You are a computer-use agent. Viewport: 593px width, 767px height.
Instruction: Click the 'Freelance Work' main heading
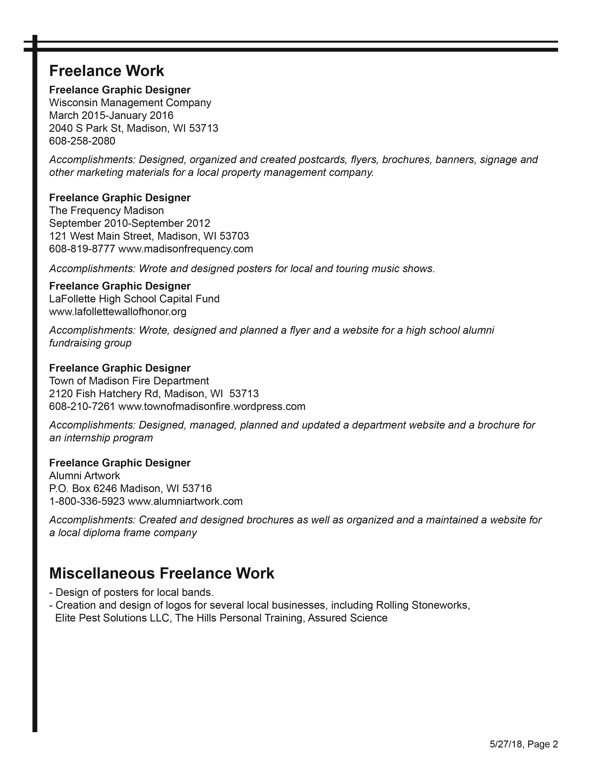(x=107, y=71)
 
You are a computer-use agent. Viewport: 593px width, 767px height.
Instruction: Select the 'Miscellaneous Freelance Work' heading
(x=162, y=573)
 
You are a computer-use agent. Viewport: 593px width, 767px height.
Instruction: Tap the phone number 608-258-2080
(x=82, y=141)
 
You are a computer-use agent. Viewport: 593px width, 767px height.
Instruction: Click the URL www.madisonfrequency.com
(x=186, y=249)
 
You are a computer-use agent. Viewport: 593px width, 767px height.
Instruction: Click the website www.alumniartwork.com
(x=185, y=501)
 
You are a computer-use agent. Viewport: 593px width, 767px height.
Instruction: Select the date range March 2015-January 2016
(x=111, y=116)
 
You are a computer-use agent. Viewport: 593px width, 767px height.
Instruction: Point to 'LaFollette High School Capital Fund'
(x=134, y=299)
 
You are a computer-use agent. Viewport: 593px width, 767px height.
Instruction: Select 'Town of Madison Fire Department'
(x=129, y=381)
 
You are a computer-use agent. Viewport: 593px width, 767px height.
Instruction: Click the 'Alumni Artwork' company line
(x=85, y=476)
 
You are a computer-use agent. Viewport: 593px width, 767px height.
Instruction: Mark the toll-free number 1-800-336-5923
(x=87, y=501)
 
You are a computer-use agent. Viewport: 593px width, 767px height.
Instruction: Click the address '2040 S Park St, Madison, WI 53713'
(x=133, y=129)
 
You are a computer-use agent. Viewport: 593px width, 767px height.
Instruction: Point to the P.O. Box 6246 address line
(x=130, y=489)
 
